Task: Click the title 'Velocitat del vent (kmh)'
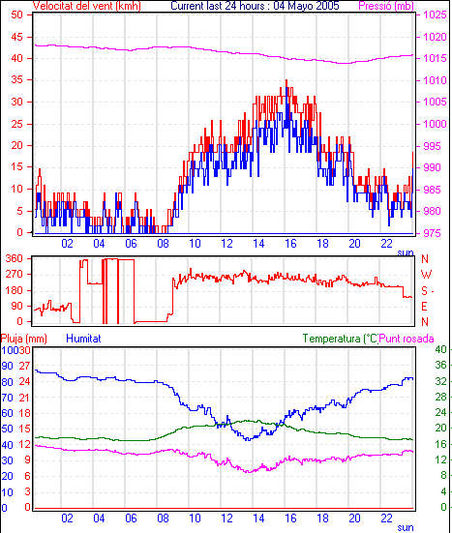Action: click(87, 6)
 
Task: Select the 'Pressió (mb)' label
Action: click(386, 6)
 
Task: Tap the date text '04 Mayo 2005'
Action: click(306, 6)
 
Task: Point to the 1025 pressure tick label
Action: click(435, 15)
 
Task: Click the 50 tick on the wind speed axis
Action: click(17, 15)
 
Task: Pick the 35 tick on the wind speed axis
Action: click(17, 80)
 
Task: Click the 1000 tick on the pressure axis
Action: click(435, 124)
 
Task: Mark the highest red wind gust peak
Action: click(286, 80)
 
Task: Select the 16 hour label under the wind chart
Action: click(290, 244)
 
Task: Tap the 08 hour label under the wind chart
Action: click(163, 244)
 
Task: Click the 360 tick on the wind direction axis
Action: click(15, 258)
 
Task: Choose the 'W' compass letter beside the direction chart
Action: click(426, 275)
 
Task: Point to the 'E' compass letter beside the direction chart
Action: click(424, 307)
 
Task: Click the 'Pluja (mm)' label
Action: click(24, 339)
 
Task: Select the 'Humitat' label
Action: click(83, 339)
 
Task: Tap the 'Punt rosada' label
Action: click(407, 339)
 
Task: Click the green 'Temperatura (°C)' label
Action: click(341, 339)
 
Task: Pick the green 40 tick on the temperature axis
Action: click(440, 349)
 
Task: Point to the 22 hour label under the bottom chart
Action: click(386, 518)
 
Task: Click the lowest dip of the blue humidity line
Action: click(249, 440)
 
